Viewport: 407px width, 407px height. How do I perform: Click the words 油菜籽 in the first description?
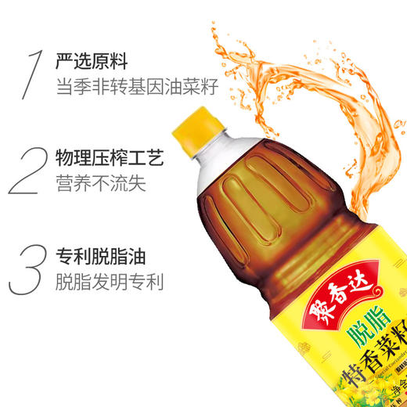point(195,87)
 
